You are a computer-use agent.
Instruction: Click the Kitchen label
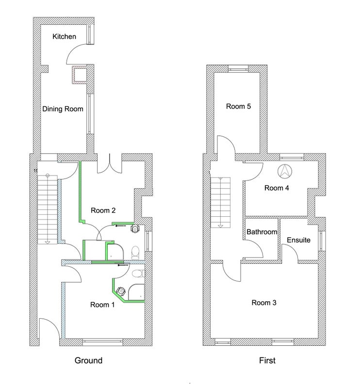tap(64, 36)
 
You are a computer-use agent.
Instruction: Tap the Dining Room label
tap(63, 109)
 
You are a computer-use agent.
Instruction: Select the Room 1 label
tap(102, 305)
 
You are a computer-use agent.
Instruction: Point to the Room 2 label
tap(103, 210)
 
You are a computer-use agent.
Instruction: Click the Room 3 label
tap(264, 302)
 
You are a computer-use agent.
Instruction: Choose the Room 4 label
tap(277, 188)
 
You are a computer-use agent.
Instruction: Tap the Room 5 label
tap(238, 106)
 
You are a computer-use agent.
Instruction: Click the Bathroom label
tap(262, 232)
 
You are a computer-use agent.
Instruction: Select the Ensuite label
tap(298, 240)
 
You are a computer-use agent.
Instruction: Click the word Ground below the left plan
tap(88, 360)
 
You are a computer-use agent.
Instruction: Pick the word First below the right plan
tap(267, 360)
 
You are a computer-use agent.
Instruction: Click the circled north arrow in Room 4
tap(285, 171)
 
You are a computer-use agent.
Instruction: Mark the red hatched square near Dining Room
tap(79, 74)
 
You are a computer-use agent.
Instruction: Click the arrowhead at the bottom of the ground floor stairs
tap(48, 242)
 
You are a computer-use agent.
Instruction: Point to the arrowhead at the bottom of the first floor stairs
tap(220, 226)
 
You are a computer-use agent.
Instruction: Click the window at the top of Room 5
tap(238, 68)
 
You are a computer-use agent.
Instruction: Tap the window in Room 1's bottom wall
tap(102, 342)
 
